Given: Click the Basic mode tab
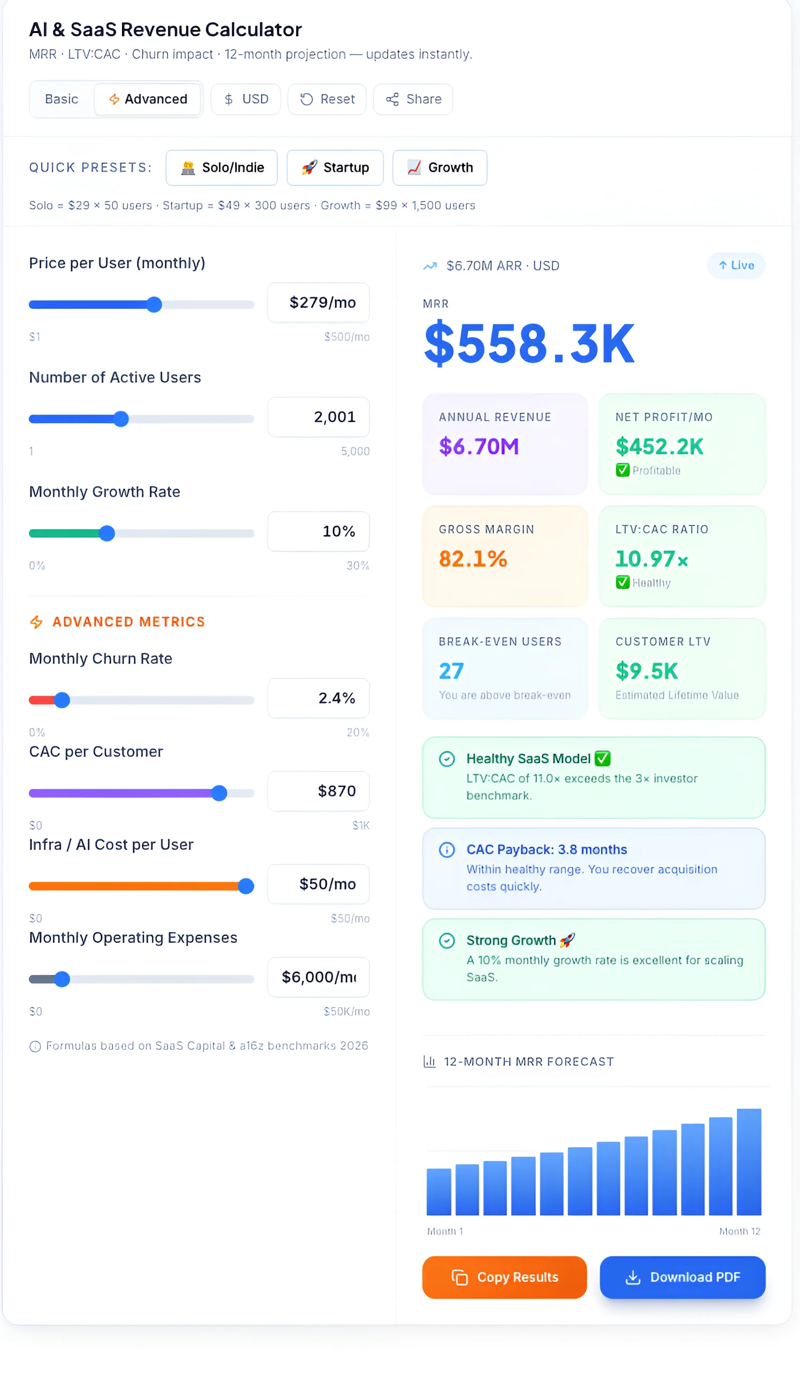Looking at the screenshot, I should pos(61,99).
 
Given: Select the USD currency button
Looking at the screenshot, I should pos(245,99).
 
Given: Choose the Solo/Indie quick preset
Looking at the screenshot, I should pos(221,167).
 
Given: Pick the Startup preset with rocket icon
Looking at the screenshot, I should pos(335,167).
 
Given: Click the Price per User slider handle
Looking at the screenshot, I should pos(155,304).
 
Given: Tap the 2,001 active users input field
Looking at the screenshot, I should pos(318,417).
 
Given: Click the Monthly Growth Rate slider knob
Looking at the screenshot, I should pos(107,533).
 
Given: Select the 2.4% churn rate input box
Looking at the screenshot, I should pos(318,698).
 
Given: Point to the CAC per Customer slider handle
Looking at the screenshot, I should pos(219,793).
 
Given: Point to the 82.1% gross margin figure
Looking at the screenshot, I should pos(473,559).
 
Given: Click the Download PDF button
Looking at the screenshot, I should pos(682,1277).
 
